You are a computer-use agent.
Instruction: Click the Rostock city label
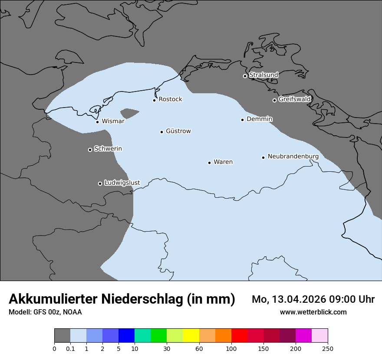click(x=170, y=99)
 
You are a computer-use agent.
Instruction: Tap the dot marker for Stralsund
click(x=245, y=76)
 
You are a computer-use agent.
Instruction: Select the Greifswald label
click(x=294, y=99)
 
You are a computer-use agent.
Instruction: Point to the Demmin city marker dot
click(x=242, y=120)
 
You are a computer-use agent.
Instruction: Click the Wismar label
click(x=113, y=121)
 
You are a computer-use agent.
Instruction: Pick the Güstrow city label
click(x=178, y=131)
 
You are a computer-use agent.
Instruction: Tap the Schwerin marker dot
click(x=90, y=150)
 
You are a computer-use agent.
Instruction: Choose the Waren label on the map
click(x=223, y=162)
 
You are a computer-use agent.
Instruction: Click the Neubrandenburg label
click(x=293, y=157)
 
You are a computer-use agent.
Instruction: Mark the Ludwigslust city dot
click(x=100, y=183)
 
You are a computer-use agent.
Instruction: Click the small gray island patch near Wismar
click(x=129, y=114)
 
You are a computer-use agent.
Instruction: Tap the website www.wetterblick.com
click(x=313, y=312)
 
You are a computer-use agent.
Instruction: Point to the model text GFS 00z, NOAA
click(x=57, y=312)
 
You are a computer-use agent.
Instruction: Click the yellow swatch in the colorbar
click(x=191, y=336)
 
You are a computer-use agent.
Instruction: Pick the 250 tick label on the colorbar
click(x=328, y=349)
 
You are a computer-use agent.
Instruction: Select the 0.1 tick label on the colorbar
click(x=70, y=349)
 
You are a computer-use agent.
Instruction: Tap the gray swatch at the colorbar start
click(x=62, y=336)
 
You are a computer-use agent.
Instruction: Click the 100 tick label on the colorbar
click(x=231, y=349)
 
